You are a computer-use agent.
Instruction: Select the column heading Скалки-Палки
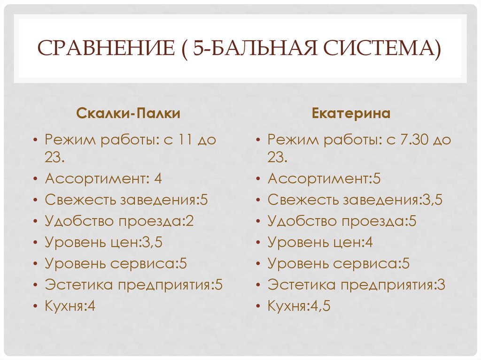tap(128, 114)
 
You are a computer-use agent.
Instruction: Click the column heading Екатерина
tap(351, 114)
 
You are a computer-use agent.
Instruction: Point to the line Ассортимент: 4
tap(103, 178)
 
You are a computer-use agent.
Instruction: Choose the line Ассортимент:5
tap(324, 178)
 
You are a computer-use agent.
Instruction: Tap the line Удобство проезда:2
tap(119, 221)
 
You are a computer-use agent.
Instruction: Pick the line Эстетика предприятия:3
tap(356, 285)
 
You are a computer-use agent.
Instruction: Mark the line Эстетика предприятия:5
tap(133, 285)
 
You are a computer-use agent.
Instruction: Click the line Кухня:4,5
tap(299, 306)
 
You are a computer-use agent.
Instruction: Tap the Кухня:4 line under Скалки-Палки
tap(70, 306)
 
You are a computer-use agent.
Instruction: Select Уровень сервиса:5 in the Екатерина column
tap(339, 264)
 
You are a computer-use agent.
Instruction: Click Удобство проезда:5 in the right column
tap(342, 221)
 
